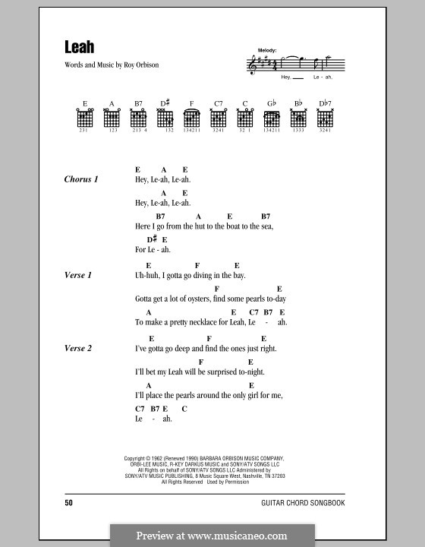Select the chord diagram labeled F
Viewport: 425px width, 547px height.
(x=192, y=118)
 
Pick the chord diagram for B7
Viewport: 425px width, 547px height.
(x=139, y=118)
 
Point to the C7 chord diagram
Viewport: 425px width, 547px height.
(x=219, y=118)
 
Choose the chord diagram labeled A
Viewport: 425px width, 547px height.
(x=112, y=118)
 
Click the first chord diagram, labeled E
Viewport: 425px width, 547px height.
(x=85, y=118)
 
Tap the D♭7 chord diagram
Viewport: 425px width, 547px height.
(x=325, y=118)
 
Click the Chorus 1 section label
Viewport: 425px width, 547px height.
(x=82, y=179)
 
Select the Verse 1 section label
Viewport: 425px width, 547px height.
(x=79, y=276)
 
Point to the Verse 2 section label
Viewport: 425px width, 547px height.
(x=79, y=348)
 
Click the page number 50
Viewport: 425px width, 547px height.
(x=69, y=503)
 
